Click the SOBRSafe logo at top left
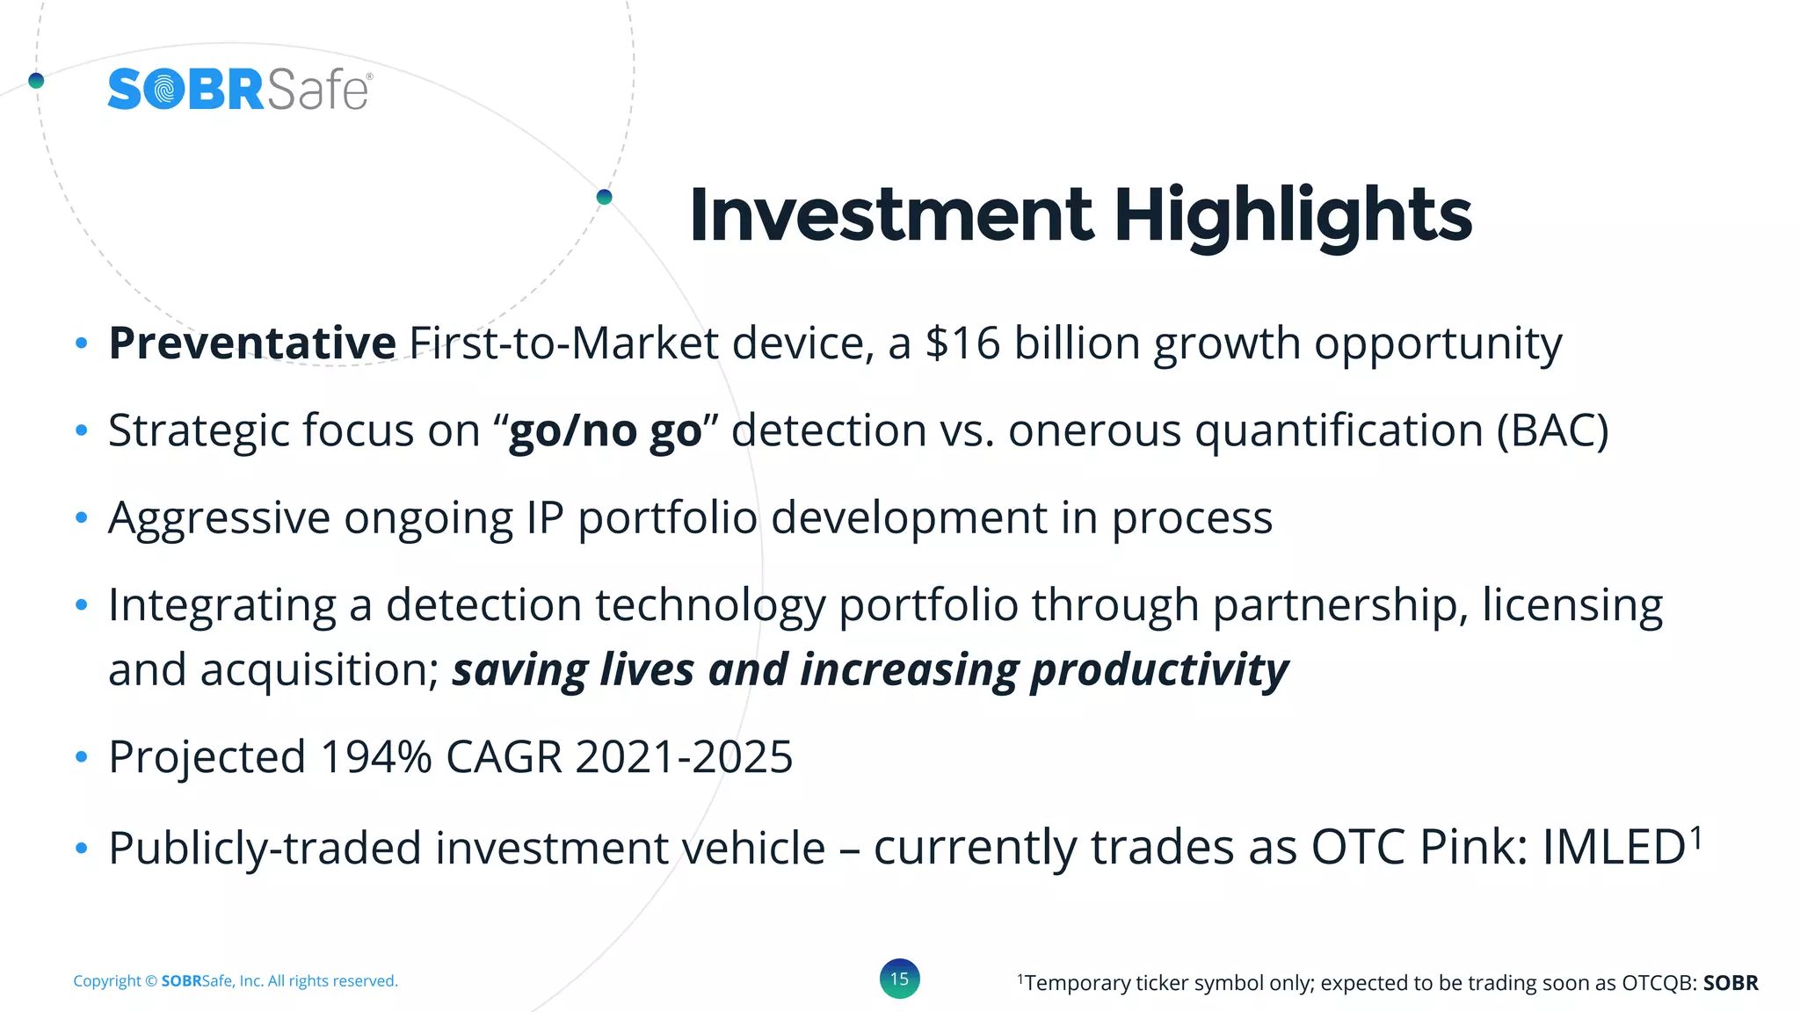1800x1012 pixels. [239, 90]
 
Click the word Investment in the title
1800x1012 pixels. [891, 215]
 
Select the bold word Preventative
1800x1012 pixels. [252, 343]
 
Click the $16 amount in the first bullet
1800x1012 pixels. [962, 343]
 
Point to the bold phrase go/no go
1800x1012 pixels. [606, 430]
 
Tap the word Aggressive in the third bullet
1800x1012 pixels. [219, 518]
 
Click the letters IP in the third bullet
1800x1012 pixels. [545, 517]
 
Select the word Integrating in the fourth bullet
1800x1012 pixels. [222, 605]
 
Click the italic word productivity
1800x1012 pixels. [1159, 669]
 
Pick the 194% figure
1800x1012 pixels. [376, 756]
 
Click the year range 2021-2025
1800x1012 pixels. [684, 756]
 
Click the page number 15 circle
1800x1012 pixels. [899, 979]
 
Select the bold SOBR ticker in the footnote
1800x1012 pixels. [1730, 983]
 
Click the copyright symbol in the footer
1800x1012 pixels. [151, 981]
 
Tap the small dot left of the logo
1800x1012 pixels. [36, 81]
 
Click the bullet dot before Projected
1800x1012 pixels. [82, 756]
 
